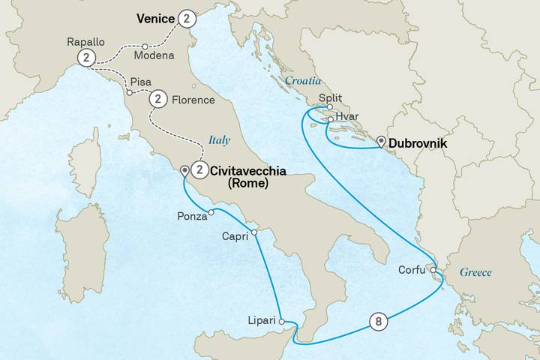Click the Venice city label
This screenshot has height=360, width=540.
(154, 16)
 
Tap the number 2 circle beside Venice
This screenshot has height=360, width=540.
(187, 17)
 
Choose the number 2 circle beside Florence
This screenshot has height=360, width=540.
(158, 98)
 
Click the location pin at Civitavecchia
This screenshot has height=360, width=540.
(184, 171)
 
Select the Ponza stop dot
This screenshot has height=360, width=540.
(211, 212)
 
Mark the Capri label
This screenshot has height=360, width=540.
(236, 235)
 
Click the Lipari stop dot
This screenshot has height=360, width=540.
(283, 320)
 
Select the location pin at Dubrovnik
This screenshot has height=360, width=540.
(382, 142)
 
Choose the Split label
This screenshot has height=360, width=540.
(331, 97)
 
